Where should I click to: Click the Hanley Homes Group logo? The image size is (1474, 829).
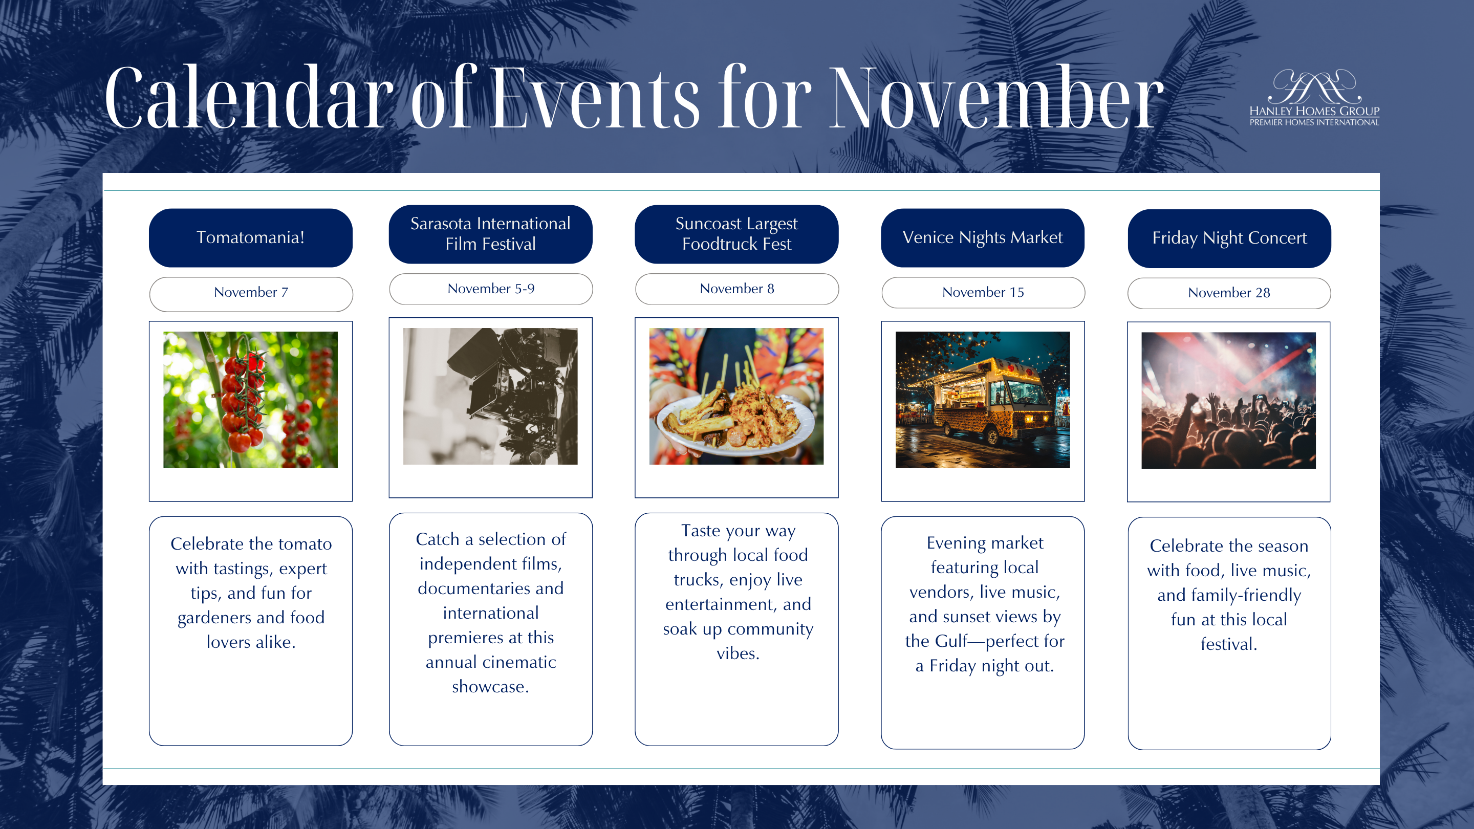(1314, 97)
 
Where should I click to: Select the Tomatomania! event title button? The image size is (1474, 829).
(251, 237)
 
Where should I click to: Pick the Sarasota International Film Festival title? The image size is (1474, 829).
(490, 234)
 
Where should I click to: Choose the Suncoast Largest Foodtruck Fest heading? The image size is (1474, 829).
(736, 234)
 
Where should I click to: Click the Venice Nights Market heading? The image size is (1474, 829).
(983, 237)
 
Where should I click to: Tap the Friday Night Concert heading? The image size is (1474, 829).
(1229, 238)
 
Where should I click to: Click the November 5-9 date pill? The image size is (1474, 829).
(491, 289)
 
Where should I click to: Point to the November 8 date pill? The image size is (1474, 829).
(737, 289)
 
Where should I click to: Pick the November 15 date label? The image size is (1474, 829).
(983, 292)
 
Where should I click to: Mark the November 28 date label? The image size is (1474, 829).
(1229, 293)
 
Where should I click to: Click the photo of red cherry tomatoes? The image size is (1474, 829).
(251, 400)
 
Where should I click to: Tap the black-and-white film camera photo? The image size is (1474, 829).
(490, 396)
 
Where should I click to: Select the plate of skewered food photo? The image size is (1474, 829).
(736, 396)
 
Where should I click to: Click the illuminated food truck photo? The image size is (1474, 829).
(983, 400)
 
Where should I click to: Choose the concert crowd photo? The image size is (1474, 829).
(1228, 401)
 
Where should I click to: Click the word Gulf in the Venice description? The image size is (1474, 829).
(950, 641)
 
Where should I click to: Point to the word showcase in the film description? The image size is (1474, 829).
(490, 687)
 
